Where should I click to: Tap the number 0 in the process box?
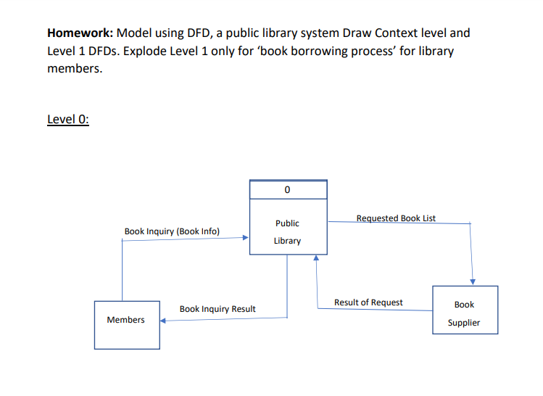(287, 190)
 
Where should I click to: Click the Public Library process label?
(287, 232)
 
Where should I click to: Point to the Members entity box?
(126, 320)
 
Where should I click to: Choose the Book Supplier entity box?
(465, 310)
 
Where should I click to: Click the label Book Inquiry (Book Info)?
(172, 231)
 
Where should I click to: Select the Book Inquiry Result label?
(217, 309)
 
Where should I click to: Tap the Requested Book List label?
(396, 218)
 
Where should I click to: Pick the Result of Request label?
(368, 302)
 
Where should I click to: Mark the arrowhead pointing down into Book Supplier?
(473, 281)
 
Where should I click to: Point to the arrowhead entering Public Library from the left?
(245, 236)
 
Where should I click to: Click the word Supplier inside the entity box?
(464, 323)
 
